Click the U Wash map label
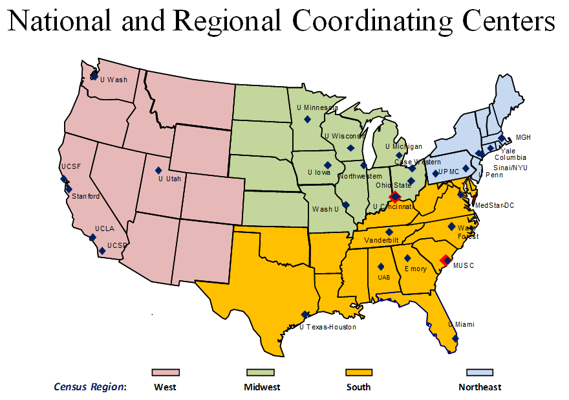114,80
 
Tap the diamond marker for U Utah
159,171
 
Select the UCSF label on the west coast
71,166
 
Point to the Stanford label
85,196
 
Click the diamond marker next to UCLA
93,238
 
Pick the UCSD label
117,246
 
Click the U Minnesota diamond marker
308,119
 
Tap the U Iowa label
317,173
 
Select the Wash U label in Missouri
325,209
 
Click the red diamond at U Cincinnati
395,196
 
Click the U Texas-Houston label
328,327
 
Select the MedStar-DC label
495,205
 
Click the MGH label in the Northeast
522,138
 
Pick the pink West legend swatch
166,372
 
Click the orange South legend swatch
359,372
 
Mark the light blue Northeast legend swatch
480,372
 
